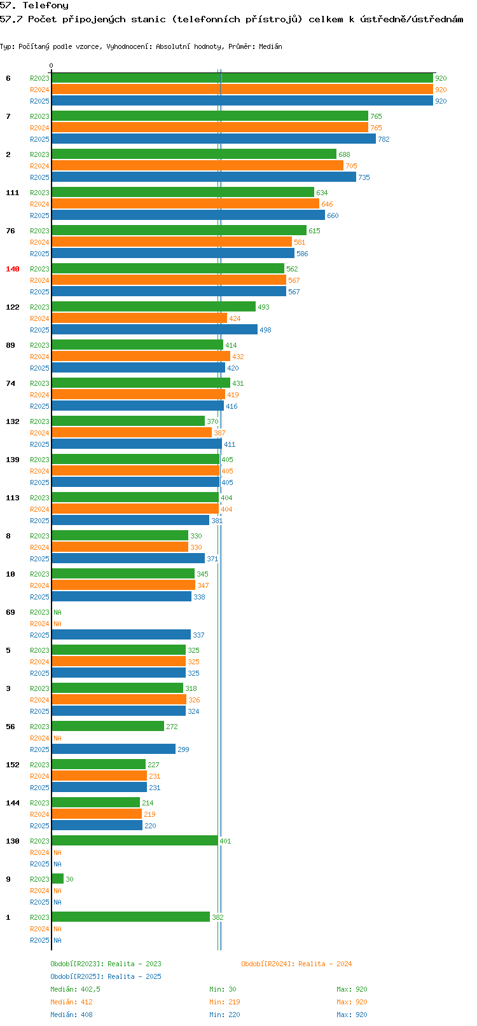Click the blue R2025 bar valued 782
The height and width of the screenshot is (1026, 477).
pos(214,139)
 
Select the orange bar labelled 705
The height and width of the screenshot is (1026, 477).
pos(198,165)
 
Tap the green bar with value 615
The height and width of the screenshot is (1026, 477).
pos(179,230)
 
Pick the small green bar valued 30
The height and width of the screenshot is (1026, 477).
pos(58,879)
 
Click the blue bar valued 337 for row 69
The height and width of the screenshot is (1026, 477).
pos(121,634)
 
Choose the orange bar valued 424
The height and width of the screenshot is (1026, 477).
pos(139,318)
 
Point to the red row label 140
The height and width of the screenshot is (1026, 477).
pos(12,269)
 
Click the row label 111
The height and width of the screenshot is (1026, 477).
pos(12,193)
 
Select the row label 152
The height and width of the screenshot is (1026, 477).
pos(12,765)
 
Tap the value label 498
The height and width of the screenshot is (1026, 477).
pos(265,330)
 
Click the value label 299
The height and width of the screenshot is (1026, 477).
pos(183,749)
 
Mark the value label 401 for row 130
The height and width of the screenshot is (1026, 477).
pos(225,841)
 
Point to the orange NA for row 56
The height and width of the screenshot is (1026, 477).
pos(57,738)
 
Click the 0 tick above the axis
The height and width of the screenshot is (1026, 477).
pos(51,65)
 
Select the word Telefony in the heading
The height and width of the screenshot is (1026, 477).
pos(45,6)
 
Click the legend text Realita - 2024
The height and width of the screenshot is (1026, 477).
pos(325,964)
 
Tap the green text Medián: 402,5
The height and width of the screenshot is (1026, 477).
pos(75,989)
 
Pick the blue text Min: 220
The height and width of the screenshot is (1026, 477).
pos(225,1015)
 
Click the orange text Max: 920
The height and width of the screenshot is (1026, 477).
pos(352,1002)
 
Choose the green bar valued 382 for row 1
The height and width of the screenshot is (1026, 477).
pos(130,917)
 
